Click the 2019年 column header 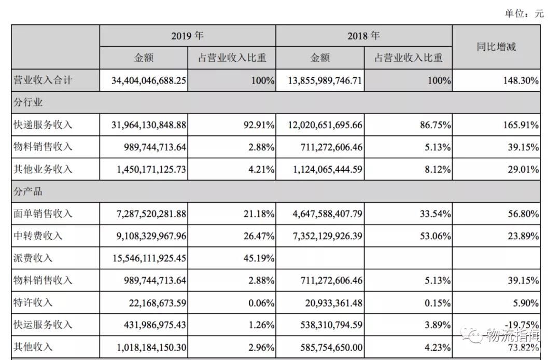(187, 36)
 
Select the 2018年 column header (363, 36)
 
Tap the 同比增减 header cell (496, 47)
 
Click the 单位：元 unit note (524, 13)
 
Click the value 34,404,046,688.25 (148, 81)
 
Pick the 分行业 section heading (28, 103)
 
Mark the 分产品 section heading (28, 191)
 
